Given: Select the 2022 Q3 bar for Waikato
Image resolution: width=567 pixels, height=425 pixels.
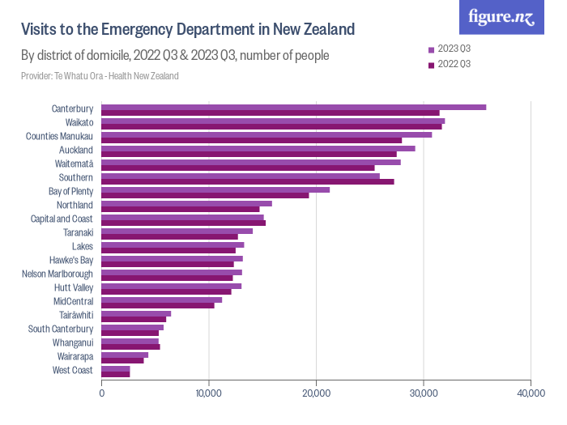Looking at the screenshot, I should click(271, 127).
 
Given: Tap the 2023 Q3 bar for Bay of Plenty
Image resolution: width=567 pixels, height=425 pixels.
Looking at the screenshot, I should click(215, 189).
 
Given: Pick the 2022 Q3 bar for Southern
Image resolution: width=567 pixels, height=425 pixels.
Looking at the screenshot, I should click(248, 181).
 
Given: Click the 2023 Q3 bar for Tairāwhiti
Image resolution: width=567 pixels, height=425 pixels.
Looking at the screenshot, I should click(136, 313).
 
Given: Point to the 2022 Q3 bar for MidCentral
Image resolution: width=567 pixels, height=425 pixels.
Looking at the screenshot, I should click(158, 305).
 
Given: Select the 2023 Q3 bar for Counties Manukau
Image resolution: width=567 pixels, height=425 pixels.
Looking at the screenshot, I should click(266, 134).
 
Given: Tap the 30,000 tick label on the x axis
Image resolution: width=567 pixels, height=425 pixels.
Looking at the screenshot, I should click(424, 393).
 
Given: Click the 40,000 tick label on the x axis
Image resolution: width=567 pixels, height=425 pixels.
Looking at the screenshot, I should click(531, 393).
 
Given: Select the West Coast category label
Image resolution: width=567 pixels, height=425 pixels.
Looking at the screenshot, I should click(73, 371).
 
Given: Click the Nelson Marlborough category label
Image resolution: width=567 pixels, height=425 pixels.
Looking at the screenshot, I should click(58, 274).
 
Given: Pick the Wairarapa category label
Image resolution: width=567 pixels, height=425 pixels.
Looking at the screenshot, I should click(75, 357).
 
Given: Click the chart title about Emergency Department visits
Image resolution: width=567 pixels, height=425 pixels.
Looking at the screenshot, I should click(188, 30).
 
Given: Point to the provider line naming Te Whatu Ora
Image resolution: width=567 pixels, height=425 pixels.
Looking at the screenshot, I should click(100, 76).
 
